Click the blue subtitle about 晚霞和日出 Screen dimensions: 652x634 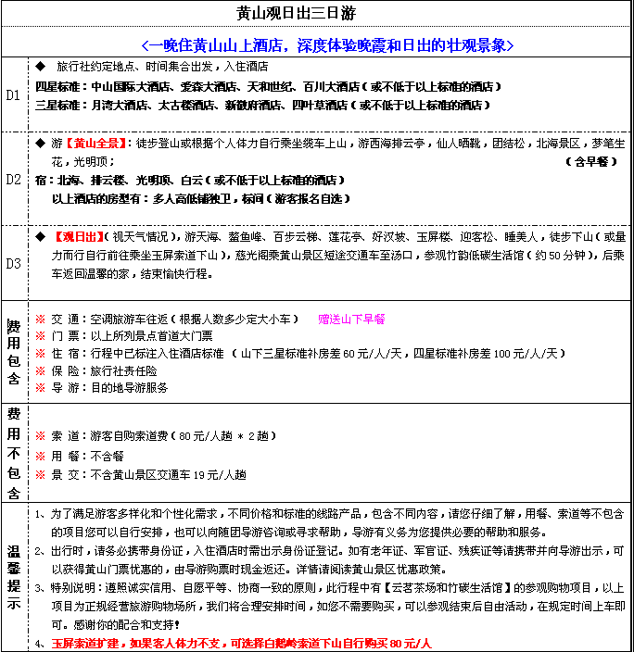tap(327, 44)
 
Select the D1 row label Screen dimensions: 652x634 tap(14, 95)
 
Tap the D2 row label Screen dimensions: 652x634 tap(14, 179)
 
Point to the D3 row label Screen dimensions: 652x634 tap(14, 263)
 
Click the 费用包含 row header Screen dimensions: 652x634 tap(14, 352)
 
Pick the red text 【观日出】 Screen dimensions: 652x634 tap(84, 236)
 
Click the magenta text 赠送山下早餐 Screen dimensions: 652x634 tap(351, 319)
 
